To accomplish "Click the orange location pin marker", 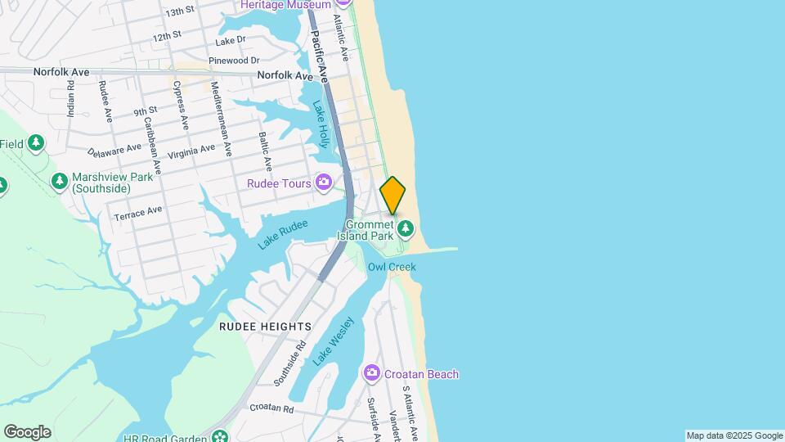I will point(392,195).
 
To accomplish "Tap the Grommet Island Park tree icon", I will point(406,228).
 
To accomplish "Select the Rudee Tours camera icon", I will point(325,183).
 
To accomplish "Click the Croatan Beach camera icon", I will point(372,374).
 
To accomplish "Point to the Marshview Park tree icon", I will point(59,180).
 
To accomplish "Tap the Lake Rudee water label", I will point(283,234).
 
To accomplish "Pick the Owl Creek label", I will point(392,267).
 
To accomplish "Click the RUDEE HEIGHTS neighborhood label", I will point(265,326).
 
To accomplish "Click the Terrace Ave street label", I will point(138,214).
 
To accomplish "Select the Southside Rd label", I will point(289,363).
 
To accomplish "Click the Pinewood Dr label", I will point(234,61).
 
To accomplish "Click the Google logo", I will point(27,431).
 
